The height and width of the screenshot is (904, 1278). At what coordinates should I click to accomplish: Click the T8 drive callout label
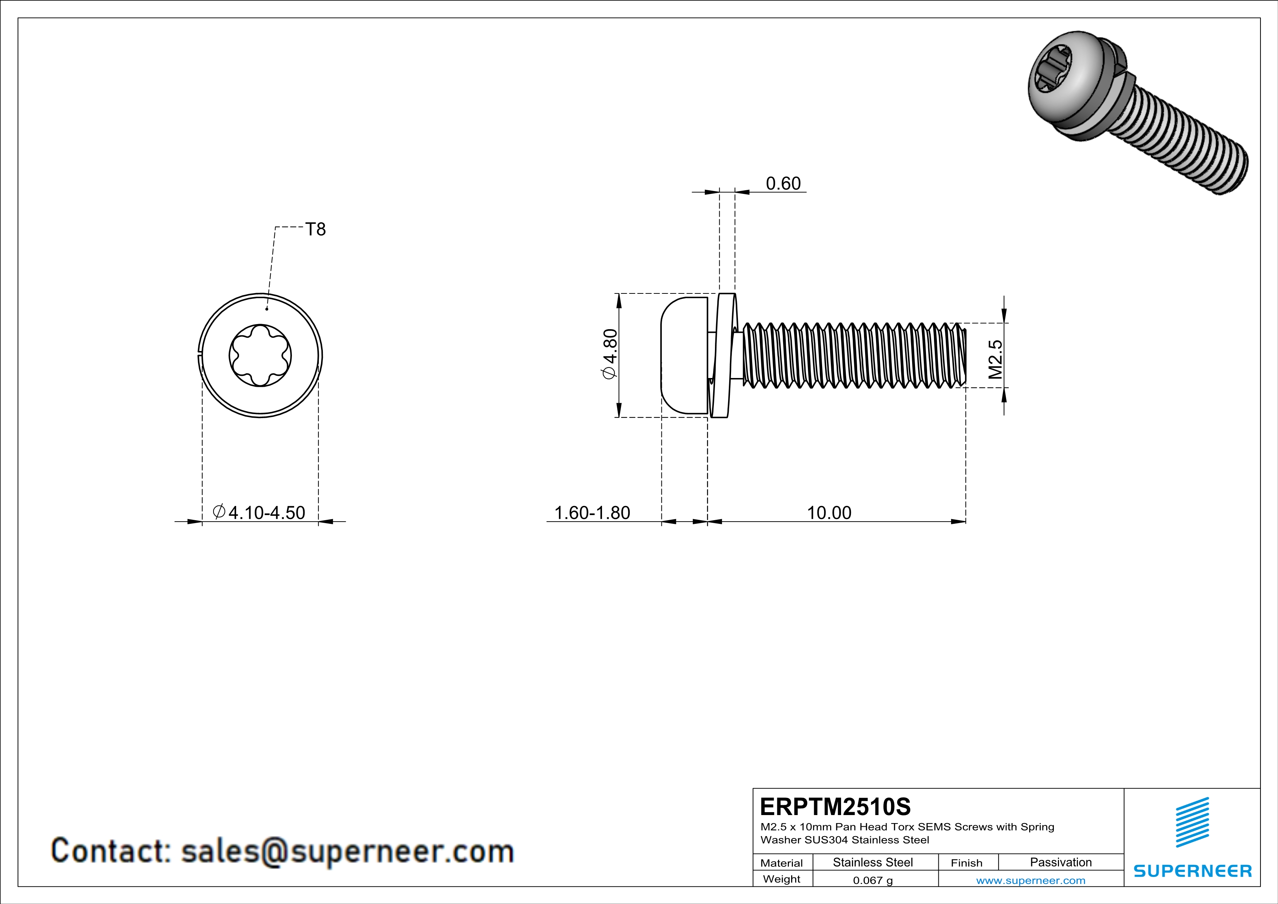click(x=315, y=229)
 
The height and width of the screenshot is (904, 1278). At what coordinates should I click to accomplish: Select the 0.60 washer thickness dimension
click(x=783, y=184)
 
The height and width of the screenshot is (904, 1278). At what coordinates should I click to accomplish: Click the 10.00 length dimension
click(x=829, y=513)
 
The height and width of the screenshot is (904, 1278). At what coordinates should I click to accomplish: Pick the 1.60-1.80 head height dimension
click(x=592, y=513)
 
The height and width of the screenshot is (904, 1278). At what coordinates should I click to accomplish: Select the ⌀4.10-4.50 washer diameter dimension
click(x=259, y=513)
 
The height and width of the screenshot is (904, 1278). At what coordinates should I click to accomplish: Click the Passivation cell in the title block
click(x=1060, y=862)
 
